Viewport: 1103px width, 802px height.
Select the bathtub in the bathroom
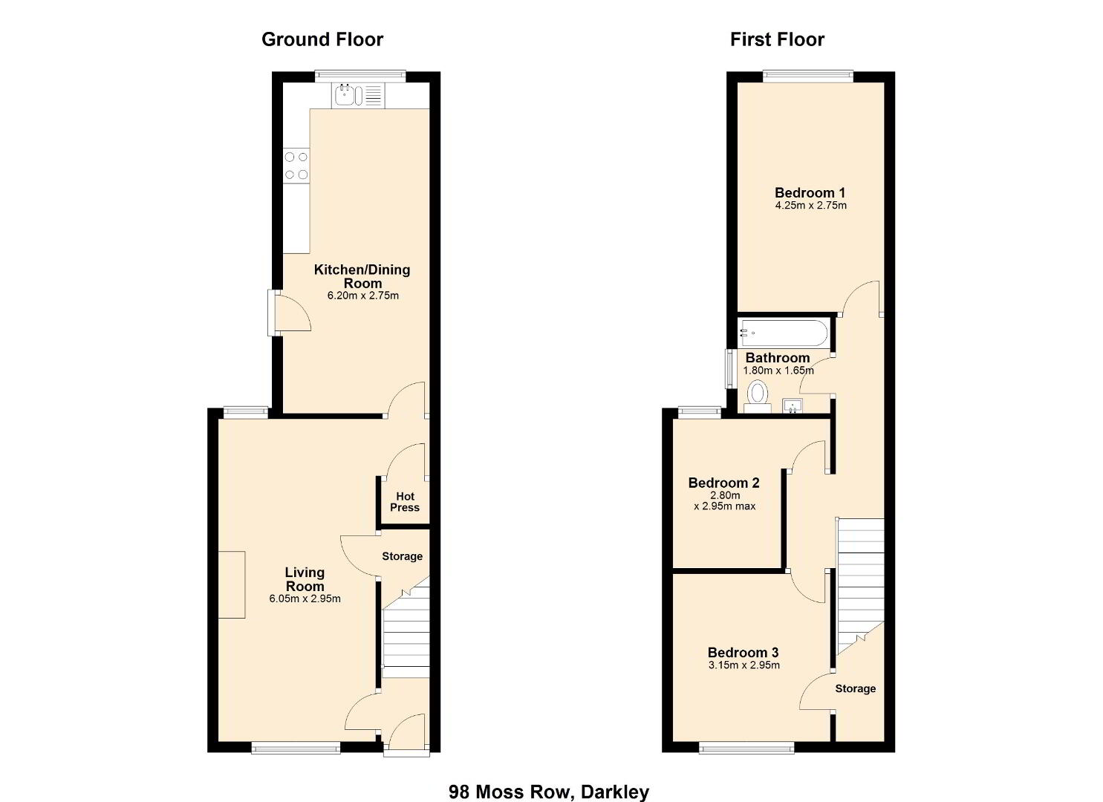pyautogui.click(x=783, y=333)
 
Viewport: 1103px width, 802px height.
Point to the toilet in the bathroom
pyautogui.click(x=758, y=397)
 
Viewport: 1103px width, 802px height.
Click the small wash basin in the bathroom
pyautogui.click(x=793, y=406)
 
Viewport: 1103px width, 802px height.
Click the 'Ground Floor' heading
pyautogui.click(x=322, y=39)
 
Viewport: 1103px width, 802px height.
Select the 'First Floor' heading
pyautogui.click(x=777, y=39)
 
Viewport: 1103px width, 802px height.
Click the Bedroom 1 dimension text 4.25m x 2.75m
pyautogui.click(x=810, y=205)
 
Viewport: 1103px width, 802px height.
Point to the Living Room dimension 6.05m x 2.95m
pyautogui.click(x=305, y=599)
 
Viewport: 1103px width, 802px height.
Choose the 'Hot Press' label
pyautogui.click(x=405, y=502)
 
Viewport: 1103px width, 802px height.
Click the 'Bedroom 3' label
pyautogui.click(x=743, y=652)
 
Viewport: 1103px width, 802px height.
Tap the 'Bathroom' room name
pyautogui.click(x=778, y=357)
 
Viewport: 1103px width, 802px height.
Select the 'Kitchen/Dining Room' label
pyautogui.click(x=362, y=276)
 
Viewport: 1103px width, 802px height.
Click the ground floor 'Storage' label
pyautogui.click(x=403, y=556)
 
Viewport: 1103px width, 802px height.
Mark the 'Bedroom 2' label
pyautogui.click(x=724, y=483)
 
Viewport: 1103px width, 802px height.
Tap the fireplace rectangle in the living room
pyautogui.click(x=232, y=584)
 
